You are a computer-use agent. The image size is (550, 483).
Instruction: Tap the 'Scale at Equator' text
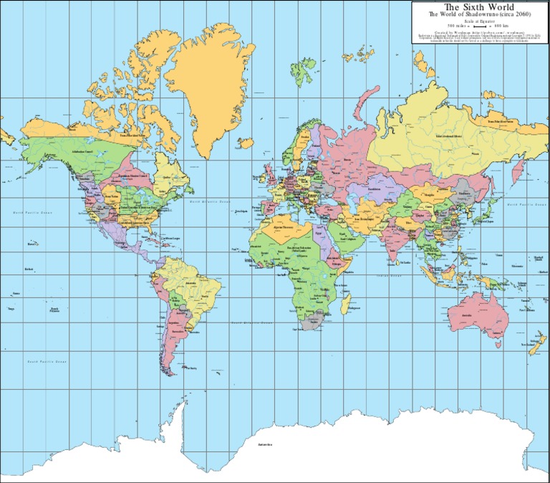tap(480, 21)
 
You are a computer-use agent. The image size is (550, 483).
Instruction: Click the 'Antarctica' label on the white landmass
tap(267, 445)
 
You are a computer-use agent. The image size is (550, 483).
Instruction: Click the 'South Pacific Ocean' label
tap(47, 362)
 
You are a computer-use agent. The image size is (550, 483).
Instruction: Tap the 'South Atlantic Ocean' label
tap(251, 322)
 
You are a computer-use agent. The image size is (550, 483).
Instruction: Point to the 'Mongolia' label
tap(429, 193)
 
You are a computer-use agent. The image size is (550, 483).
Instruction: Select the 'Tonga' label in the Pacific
tap(11, 308)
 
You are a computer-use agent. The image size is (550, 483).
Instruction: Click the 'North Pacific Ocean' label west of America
tap(33, 213)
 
